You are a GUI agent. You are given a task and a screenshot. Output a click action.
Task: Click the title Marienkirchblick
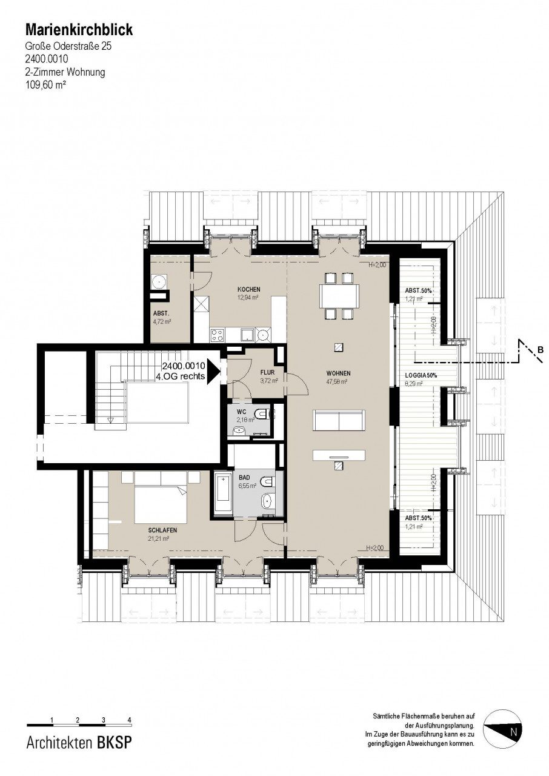click(x=79, y=30)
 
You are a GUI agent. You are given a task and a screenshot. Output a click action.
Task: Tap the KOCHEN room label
click(x=248, y=289)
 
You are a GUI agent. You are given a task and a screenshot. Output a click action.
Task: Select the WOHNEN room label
click(x=338, y=373)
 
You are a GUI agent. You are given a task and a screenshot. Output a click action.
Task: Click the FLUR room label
click(x=267, y=373)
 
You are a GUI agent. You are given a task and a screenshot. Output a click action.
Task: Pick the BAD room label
click(x=244, y=478)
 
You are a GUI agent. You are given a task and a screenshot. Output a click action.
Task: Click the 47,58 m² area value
click(x=337, y=381)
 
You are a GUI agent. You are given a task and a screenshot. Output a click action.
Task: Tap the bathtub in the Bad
click(x=222, y=494)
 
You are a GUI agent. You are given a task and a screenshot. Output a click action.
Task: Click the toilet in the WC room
click(x=264, y=413)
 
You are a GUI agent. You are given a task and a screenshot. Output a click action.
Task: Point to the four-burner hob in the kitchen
click(x=217, y=334)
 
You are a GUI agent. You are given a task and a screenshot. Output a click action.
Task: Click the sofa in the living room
click(x=339, y=420)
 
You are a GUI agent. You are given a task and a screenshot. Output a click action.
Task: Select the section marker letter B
click(x=540, y=350)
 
